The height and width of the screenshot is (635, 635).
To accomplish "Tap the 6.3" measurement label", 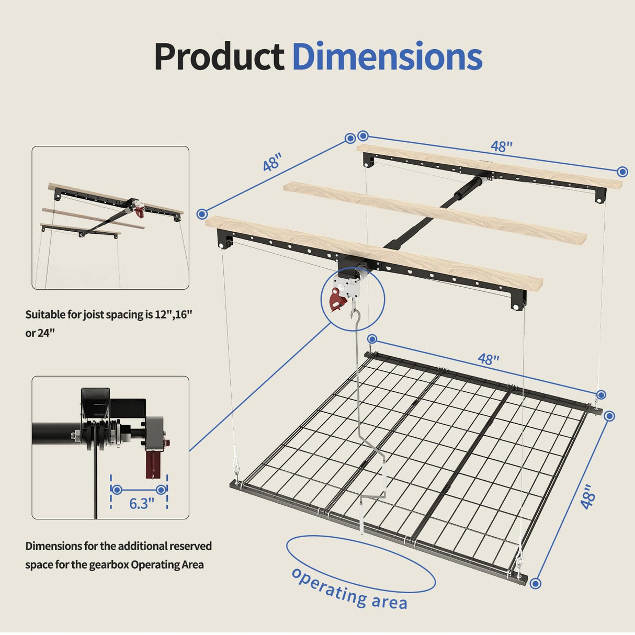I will pos(142,503).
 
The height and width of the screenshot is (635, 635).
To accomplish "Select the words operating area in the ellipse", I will pos(349,589).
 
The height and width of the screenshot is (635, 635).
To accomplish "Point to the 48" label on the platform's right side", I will pos(588,496).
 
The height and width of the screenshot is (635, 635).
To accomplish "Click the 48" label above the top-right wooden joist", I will pos(502,146).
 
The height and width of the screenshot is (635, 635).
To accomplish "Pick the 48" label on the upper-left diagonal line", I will pos(273,162).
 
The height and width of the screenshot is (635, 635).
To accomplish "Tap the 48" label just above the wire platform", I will pos(489,359).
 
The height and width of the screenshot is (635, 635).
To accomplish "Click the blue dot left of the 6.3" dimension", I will pos(117,490).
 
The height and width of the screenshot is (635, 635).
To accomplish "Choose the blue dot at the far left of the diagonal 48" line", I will pos(202,213).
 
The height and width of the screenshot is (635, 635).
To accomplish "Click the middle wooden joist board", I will pos(434,212).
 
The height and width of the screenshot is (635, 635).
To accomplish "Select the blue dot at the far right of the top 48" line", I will pos(622,172).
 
